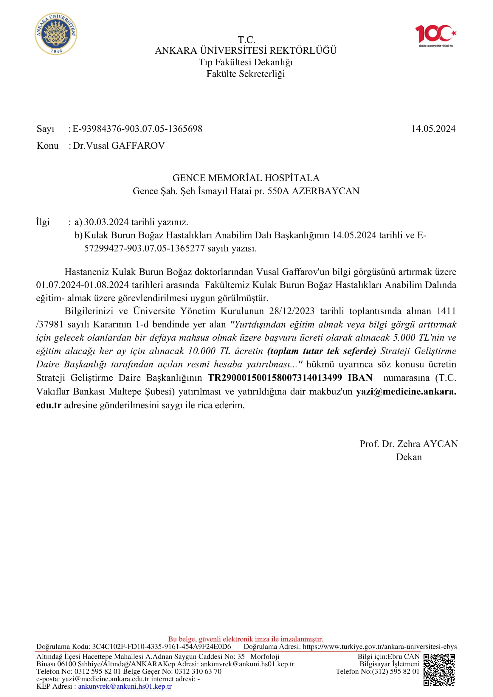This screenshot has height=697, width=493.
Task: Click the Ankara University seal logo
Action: coord(56,34)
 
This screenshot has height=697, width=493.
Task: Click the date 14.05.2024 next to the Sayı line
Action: coord(433,129)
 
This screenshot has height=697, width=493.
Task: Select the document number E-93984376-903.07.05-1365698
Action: coord(137,129)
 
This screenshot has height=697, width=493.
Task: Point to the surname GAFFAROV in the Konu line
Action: coord(138,146)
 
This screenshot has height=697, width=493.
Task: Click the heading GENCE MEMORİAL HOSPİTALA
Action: coord(246,178)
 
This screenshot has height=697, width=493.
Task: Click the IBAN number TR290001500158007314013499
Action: coord(275,378)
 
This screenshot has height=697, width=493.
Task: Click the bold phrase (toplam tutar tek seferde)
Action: coord(322,351)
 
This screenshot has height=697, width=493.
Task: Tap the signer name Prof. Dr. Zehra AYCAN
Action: coord(409,444)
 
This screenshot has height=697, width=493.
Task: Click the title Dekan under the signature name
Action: coord(409,457)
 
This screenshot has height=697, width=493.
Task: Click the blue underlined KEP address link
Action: coord(125,686)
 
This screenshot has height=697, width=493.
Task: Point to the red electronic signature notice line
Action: coord(246,639)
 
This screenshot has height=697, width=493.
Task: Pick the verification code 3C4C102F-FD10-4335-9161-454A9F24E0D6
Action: coord(162,647)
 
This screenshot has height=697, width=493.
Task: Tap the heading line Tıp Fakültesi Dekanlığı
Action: coord(246,62)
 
